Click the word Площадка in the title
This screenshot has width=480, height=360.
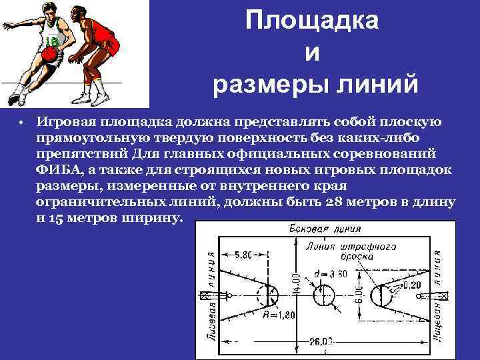(x=311, y=21)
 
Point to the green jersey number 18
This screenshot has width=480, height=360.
(x=51, y=42)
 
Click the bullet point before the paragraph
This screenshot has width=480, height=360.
(x=21, y=124)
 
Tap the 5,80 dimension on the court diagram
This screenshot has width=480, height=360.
(x=244, y=255)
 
